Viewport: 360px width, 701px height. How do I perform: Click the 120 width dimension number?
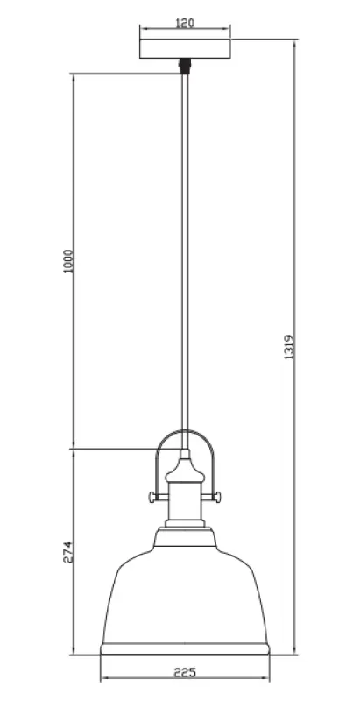185,25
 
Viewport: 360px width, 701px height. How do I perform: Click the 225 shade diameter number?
185,673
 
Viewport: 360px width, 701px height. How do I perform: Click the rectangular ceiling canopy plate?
185,47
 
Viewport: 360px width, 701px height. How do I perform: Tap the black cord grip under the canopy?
185,64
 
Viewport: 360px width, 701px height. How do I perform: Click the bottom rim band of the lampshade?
185,648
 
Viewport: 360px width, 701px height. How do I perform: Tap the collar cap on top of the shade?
185,535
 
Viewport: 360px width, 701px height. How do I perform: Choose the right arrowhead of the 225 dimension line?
265,682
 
